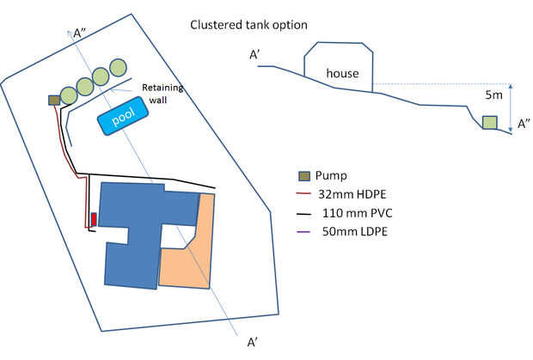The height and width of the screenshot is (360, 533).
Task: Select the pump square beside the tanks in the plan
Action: tap(54, 101)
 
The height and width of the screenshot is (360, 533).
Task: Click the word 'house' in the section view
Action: tap(341, 74)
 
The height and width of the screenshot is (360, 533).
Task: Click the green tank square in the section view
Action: tap(488, 123)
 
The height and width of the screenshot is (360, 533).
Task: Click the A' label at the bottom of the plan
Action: tap(253, 343)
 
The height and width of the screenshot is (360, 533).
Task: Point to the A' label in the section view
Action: tap(256, 54)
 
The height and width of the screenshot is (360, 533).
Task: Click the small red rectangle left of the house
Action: tap(93, 218)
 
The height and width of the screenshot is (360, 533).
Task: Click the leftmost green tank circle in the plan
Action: tap(69, 95)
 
